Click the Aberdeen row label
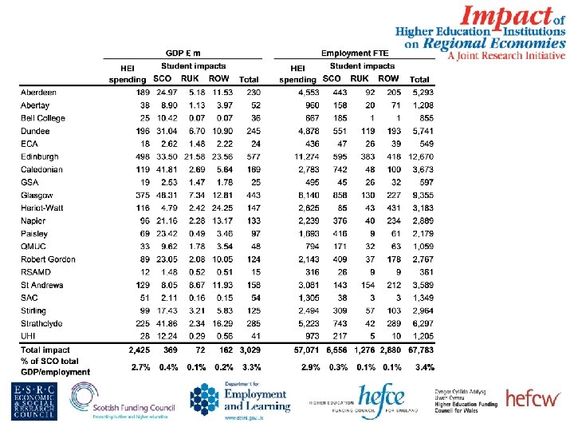(38, 93)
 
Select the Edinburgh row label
(39, 157)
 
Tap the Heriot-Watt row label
(41, 208)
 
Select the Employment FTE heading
(355, 53)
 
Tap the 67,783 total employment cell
(419, 350)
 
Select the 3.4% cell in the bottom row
(424, 367)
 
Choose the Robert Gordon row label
(47, 259)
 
